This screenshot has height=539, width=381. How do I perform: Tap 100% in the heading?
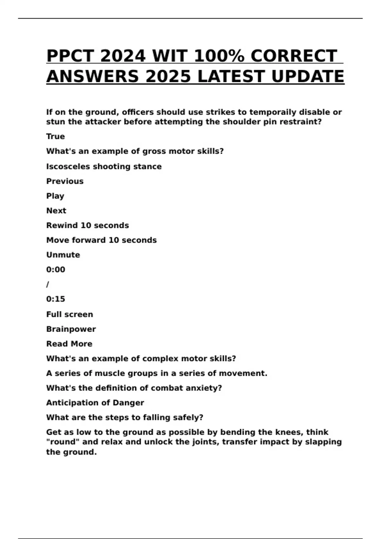pyautogui.click(x=219, y=56)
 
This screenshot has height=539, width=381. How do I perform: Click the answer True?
pyautogui.click(x=56, y=136)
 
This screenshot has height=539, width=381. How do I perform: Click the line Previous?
pyautogui.click(x=65, y=181)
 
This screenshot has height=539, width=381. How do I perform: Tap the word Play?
pyautogui.click(x=55, y=196)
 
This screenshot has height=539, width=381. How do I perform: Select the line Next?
pyautogui.click(x=56, y=211)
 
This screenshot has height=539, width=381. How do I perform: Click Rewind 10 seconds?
pyautogui.click(x=88, y=225)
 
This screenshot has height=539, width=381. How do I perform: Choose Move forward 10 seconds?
pyautogui.click(x=102, y=240)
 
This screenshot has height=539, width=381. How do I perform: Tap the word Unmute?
pyautogui.click(x=63, y=255)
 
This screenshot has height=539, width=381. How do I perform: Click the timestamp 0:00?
pyautogui.click(x=56, y=269)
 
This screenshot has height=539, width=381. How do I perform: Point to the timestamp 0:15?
pyautogui.click(x=56, y=299)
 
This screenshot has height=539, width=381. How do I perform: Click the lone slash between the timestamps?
pyautogui.click(x=48, y=284)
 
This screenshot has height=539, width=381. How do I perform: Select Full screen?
pyautogui.click(x=70, y=314)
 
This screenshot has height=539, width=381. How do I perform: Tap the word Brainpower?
pyautogui.click(x=71, y=329)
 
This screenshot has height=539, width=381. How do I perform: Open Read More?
pyautogui.click(x=69, y=344)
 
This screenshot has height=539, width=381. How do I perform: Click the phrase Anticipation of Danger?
pyautogui.click(x=95, y=403)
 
